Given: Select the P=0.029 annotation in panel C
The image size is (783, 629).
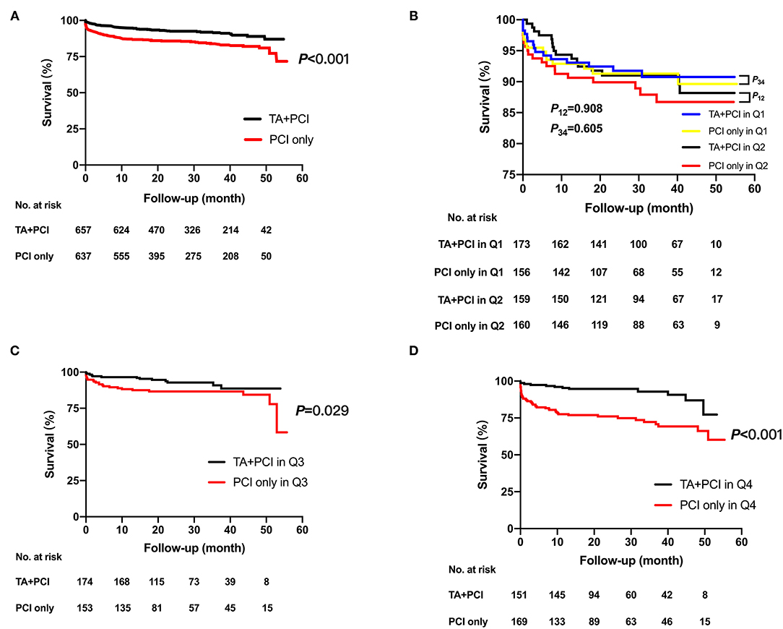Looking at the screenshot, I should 323,411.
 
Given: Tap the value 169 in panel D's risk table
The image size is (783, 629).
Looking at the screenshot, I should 522,621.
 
